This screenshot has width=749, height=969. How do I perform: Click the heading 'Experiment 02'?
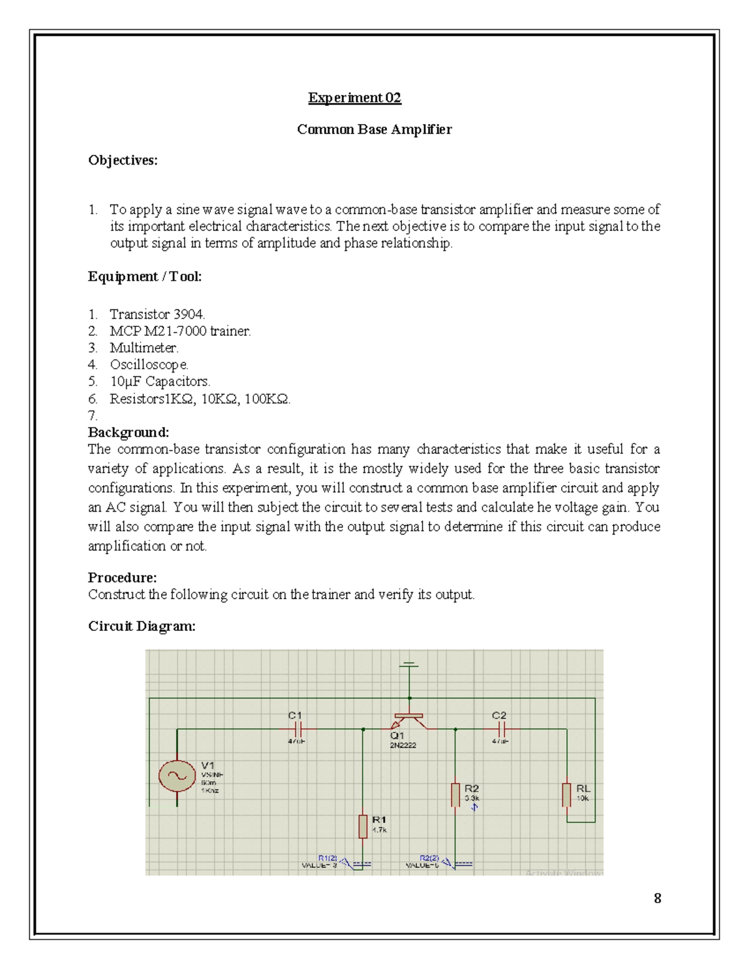click(x=354, y=98)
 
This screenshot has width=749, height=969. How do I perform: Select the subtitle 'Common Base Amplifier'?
click(x=374, y=129)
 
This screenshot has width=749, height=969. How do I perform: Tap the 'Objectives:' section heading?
click(x=122, y=160)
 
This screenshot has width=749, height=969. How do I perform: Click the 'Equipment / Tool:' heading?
click(x=144, y=276)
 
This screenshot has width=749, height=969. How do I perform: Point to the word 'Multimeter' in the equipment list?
click(x=144, y=348)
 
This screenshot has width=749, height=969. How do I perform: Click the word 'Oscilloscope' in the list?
click(x=149, y=364)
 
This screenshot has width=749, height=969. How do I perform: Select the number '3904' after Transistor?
click(x=188, y=314)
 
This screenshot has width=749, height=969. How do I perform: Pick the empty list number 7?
click(x=92, y=416)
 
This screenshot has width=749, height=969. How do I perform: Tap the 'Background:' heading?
click(x=128, y=432)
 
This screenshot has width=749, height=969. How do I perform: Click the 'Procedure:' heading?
click(x=122, y=577)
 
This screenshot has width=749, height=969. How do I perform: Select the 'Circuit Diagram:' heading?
click(x=142, y=626)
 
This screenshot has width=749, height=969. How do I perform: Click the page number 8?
click(x=657, y=898)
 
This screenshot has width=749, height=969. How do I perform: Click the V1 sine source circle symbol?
click(x=177, y=776)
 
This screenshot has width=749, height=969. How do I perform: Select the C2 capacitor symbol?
click(x=502, y=729)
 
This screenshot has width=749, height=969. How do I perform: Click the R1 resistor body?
click(x=363, y=826)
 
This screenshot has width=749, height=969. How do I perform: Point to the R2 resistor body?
click(x=456, y=795)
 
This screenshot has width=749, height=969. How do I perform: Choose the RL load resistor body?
click(x=567, y=795)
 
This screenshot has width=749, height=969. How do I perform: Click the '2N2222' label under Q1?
click(x=403, y=745)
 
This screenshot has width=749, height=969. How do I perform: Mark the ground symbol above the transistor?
click(x=409, y=665)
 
